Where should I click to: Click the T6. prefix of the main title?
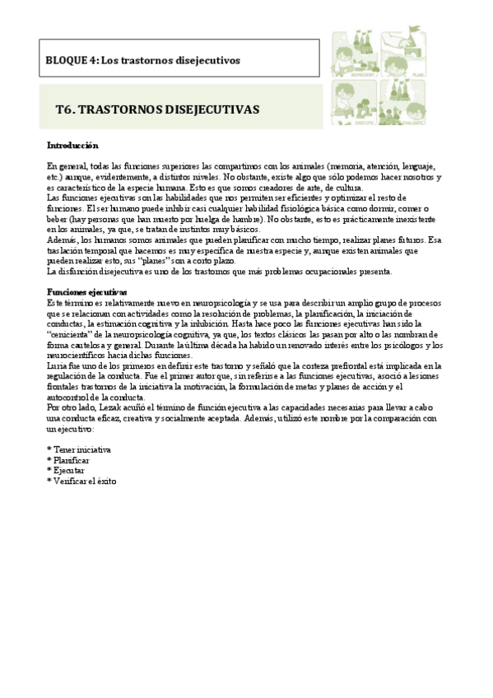pos(67,109)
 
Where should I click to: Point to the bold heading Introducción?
pos(72,146)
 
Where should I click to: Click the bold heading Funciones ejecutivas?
pos(86,292)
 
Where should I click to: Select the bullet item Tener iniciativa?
pos(81,450)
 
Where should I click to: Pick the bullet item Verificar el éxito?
pos(85,480)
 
